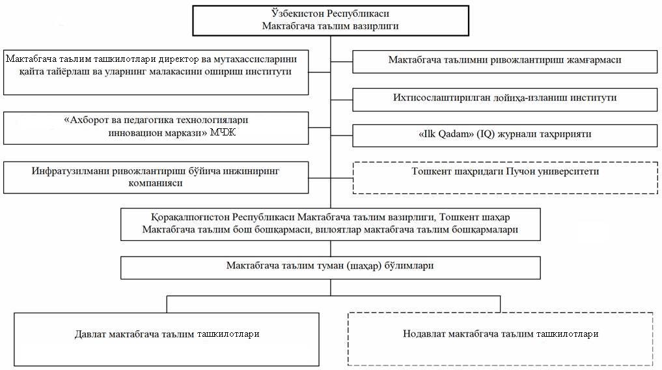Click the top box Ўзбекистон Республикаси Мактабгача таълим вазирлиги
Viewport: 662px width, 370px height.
point(330,20)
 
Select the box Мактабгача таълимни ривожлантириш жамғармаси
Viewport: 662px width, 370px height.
point(504,60)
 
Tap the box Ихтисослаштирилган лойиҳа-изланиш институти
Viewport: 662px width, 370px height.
point(504,98)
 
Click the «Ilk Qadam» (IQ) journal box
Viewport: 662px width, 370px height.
point(504,135)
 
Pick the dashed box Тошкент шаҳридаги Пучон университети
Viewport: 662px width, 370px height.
point(504,177)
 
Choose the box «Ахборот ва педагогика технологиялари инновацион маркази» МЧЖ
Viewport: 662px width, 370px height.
point(156,128)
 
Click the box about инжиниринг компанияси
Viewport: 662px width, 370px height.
point(156,178)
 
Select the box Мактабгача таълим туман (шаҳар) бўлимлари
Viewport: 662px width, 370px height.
point(330,266)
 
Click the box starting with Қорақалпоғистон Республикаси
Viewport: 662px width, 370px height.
point(330,223)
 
